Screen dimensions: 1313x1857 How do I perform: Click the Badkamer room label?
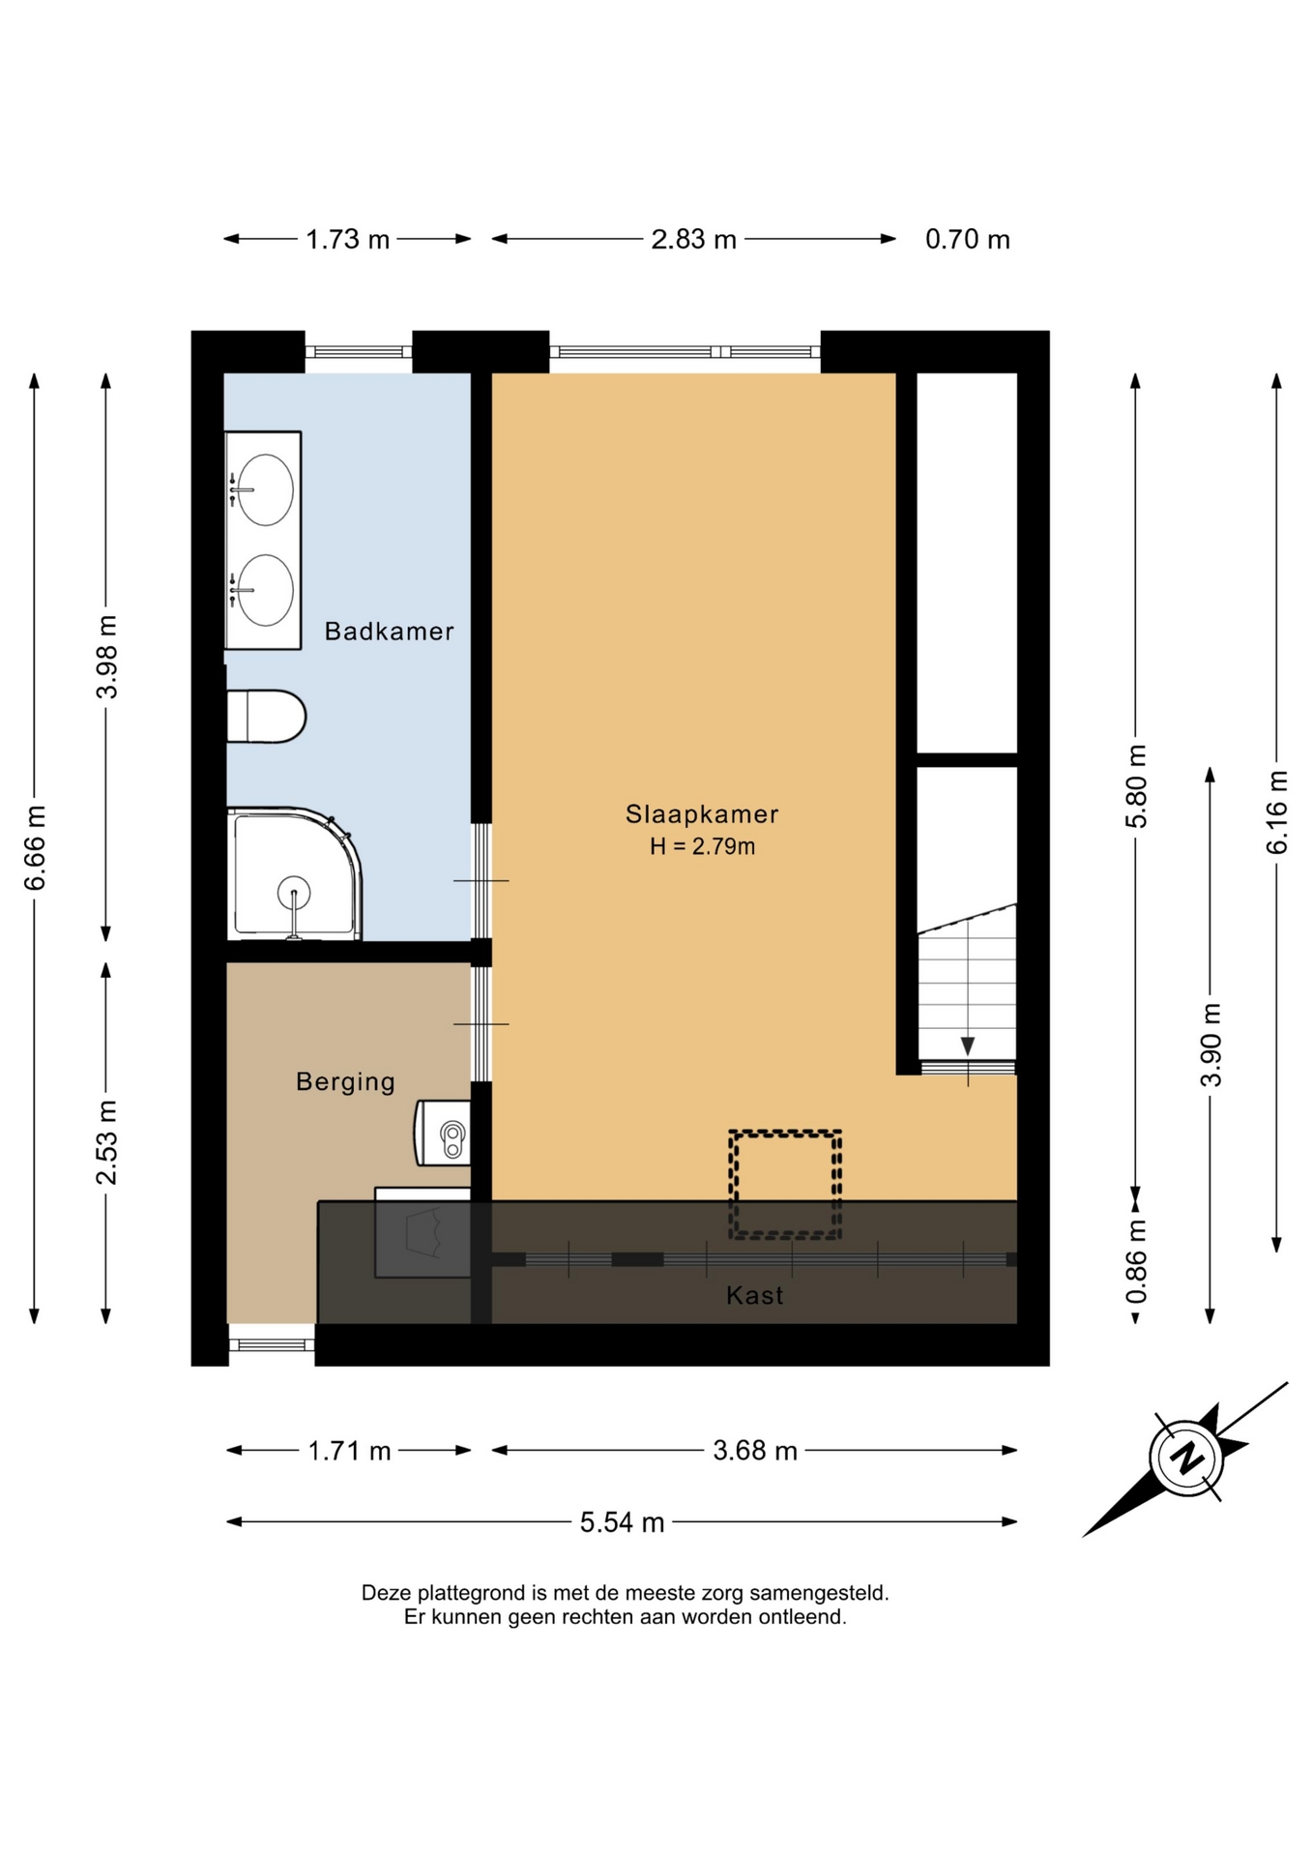click(x=389, y=632)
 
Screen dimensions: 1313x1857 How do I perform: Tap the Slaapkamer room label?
click(x=702, y=814)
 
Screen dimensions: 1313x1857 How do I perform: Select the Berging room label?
click(x=345, y=1081)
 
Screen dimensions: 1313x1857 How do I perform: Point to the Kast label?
click(x=754, y=1295)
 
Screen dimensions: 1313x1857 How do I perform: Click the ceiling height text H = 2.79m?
click(x=702, y=847)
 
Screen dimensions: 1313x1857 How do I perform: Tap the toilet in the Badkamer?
click(x=266, y=717)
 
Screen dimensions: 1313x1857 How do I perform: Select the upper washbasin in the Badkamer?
click(x=263, y=489)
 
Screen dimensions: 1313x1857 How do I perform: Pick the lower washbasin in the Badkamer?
click(x=263, y=590)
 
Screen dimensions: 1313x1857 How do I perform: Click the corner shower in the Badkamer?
click(x=294, y=874)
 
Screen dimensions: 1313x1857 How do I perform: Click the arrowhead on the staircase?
click(x=968, y=1046)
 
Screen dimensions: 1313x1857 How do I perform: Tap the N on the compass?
click(x=1186, y=1458)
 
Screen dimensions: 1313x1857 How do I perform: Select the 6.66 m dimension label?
click(x=35, y=847)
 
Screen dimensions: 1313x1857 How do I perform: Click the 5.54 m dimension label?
click(x=622, y=1522)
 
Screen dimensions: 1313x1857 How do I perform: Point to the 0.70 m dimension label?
click(x=967, y=239)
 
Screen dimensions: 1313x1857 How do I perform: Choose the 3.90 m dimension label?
click(x=1211, y=1045)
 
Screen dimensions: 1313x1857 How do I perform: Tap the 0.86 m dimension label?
click(x=1136, y=1261)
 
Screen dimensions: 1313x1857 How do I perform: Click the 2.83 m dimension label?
click(x=693, y=239)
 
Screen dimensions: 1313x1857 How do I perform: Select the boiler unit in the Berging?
click(x=443, y=1133)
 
